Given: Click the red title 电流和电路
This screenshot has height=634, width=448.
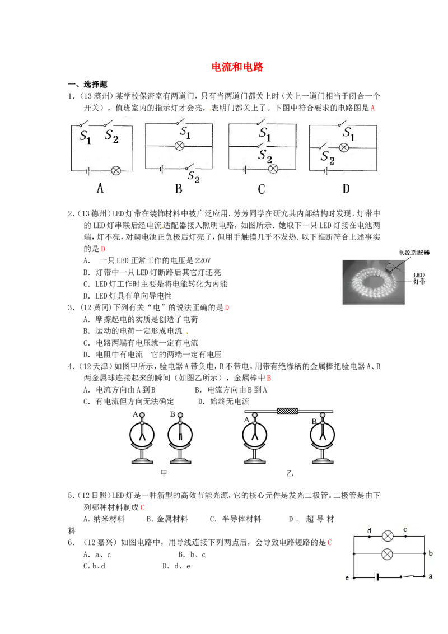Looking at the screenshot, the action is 237,67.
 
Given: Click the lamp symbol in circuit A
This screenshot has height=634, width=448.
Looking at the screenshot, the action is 115,171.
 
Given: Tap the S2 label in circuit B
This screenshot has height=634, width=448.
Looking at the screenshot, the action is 193,176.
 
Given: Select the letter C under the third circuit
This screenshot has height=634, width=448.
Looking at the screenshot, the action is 261,189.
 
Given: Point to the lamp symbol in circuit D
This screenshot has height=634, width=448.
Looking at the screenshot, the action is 344,148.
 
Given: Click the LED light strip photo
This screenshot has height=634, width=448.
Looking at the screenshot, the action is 373,282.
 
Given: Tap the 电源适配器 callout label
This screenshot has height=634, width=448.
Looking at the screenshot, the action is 414,253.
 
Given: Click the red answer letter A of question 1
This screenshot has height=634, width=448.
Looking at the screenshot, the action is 372,108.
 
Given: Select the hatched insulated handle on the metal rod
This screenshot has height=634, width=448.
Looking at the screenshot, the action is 287,411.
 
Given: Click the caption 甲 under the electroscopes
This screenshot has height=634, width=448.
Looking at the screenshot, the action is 164,473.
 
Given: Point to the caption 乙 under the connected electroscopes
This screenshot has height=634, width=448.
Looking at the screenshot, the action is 290,473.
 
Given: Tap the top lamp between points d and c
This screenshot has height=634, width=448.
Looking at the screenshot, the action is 388,537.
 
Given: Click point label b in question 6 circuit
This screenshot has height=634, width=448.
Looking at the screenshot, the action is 431,553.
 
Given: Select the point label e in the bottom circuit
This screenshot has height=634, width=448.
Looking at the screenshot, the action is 347,578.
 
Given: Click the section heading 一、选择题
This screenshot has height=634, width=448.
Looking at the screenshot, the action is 87,85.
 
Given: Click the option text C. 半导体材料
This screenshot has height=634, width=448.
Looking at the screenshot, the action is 235,519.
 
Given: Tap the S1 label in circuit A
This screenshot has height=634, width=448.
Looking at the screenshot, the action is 85,137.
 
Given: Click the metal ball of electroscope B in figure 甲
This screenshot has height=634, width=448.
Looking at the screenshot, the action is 180,415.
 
